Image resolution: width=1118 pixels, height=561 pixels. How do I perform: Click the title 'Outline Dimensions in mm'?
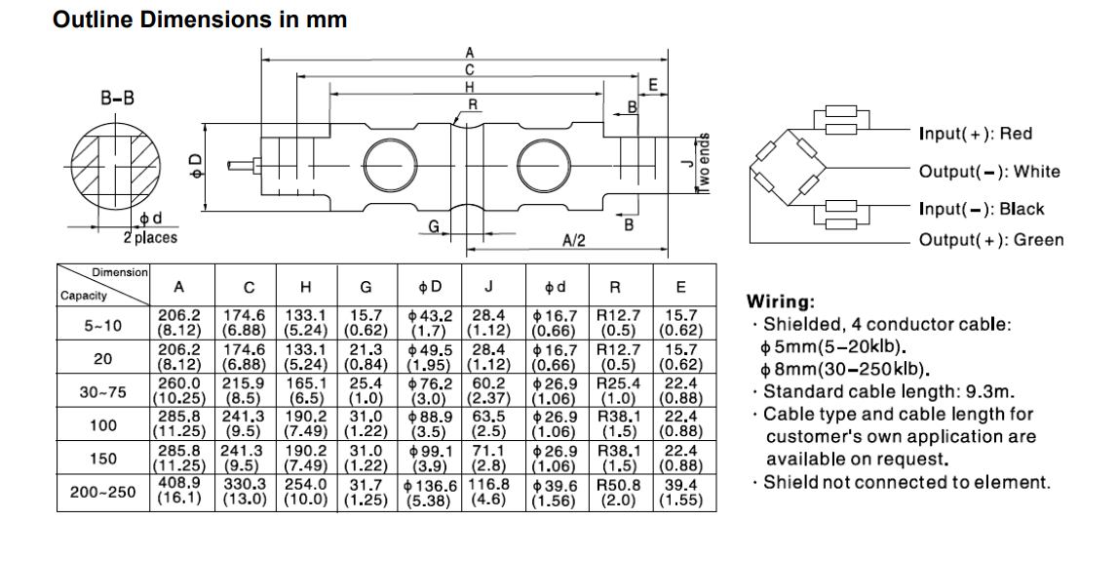point(200,20)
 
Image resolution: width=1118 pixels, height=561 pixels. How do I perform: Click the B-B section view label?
point(118,99)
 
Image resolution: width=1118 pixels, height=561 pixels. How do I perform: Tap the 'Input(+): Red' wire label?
point(975,134)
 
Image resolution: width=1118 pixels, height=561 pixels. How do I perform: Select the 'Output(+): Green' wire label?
point(990,240)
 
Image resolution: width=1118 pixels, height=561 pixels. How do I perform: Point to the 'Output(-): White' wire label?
point(988,172)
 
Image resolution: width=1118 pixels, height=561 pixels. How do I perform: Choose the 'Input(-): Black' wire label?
point(981,209)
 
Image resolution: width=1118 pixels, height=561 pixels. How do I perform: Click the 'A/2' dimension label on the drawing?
point(574,240)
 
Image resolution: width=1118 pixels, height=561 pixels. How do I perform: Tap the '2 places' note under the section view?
point(150,237)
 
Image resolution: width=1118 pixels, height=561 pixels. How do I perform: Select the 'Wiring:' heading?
point(781,302)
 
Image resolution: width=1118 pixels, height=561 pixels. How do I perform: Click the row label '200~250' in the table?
point(103,494)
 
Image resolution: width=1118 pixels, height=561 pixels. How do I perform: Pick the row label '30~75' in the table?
point(103,392)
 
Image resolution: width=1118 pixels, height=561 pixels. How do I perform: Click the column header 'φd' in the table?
point(558,287)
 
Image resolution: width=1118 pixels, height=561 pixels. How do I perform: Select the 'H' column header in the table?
point(306,287)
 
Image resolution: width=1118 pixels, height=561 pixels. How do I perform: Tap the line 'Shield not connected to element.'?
point(906,482)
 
